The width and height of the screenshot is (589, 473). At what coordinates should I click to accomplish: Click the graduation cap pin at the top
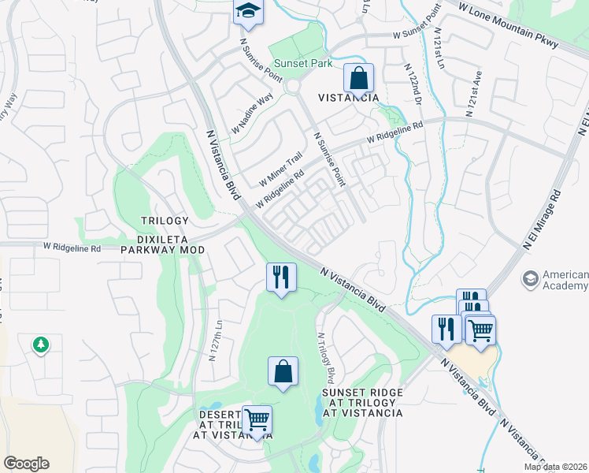[248, 11]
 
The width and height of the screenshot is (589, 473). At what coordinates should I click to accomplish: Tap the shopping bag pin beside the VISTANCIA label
[358, 79]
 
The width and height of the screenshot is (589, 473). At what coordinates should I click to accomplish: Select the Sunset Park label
[303, 64]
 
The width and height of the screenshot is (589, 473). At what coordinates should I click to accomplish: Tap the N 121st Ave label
[474, 93]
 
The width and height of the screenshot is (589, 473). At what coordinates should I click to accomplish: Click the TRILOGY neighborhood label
[165, 221]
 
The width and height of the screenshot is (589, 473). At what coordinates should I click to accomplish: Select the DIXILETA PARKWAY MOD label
[163, 249]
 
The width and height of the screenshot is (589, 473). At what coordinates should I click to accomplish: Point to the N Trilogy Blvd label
[326, 356]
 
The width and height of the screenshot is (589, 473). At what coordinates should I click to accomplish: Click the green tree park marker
[40, 345]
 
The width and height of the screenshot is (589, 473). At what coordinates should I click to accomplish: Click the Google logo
[26, 464]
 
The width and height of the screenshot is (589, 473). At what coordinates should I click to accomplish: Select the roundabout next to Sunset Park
[294, 86]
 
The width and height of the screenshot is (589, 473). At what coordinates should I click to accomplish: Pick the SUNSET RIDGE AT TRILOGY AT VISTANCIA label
[362, 402]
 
